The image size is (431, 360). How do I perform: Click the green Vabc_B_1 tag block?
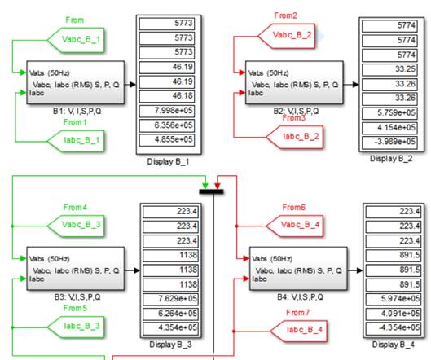click(76, 40)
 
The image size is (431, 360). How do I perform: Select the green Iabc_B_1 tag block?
click(76, 141)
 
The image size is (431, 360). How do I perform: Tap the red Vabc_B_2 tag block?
click(287, 36)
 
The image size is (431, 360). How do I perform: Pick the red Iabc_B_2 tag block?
click(295, 137)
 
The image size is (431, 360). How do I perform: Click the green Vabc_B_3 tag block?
click(76, 226)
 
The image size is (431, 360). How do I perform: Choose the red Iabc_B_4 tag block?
click(299, 331)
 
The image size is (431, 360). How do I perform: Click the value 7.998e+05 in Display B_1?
click(174, 111)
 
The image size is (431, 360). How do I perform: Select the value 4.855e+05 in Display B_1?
click(174, 139)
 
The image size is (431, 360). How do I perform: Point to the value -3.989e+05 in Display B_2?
click(394, 142)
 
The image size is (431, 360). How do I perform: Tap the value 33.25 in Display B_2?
click(405, 68)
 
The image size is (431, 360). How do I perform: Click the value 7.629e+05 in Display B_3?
click(178, 298)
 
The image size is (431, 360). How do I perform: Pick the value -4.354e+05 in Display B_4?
click(399, 327)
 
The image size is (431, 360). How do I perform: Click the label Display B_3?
click(170, 345)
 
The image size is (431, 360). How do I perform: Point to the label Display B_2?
click(391, 159)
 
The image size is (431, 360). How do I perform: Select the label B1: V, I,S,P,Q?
click(77, 112)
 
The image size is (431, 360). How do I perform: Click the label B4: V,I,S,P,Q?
click(300, 297)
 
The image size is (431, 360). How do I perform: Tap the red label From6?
click(294, 207)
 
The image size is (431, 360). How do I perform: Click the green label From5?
click(75, 308)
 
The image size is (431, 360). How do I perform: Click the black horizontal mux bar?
click(211, 191)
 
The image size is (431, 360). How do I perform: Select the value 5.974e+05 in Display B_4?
click(400, 298)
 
